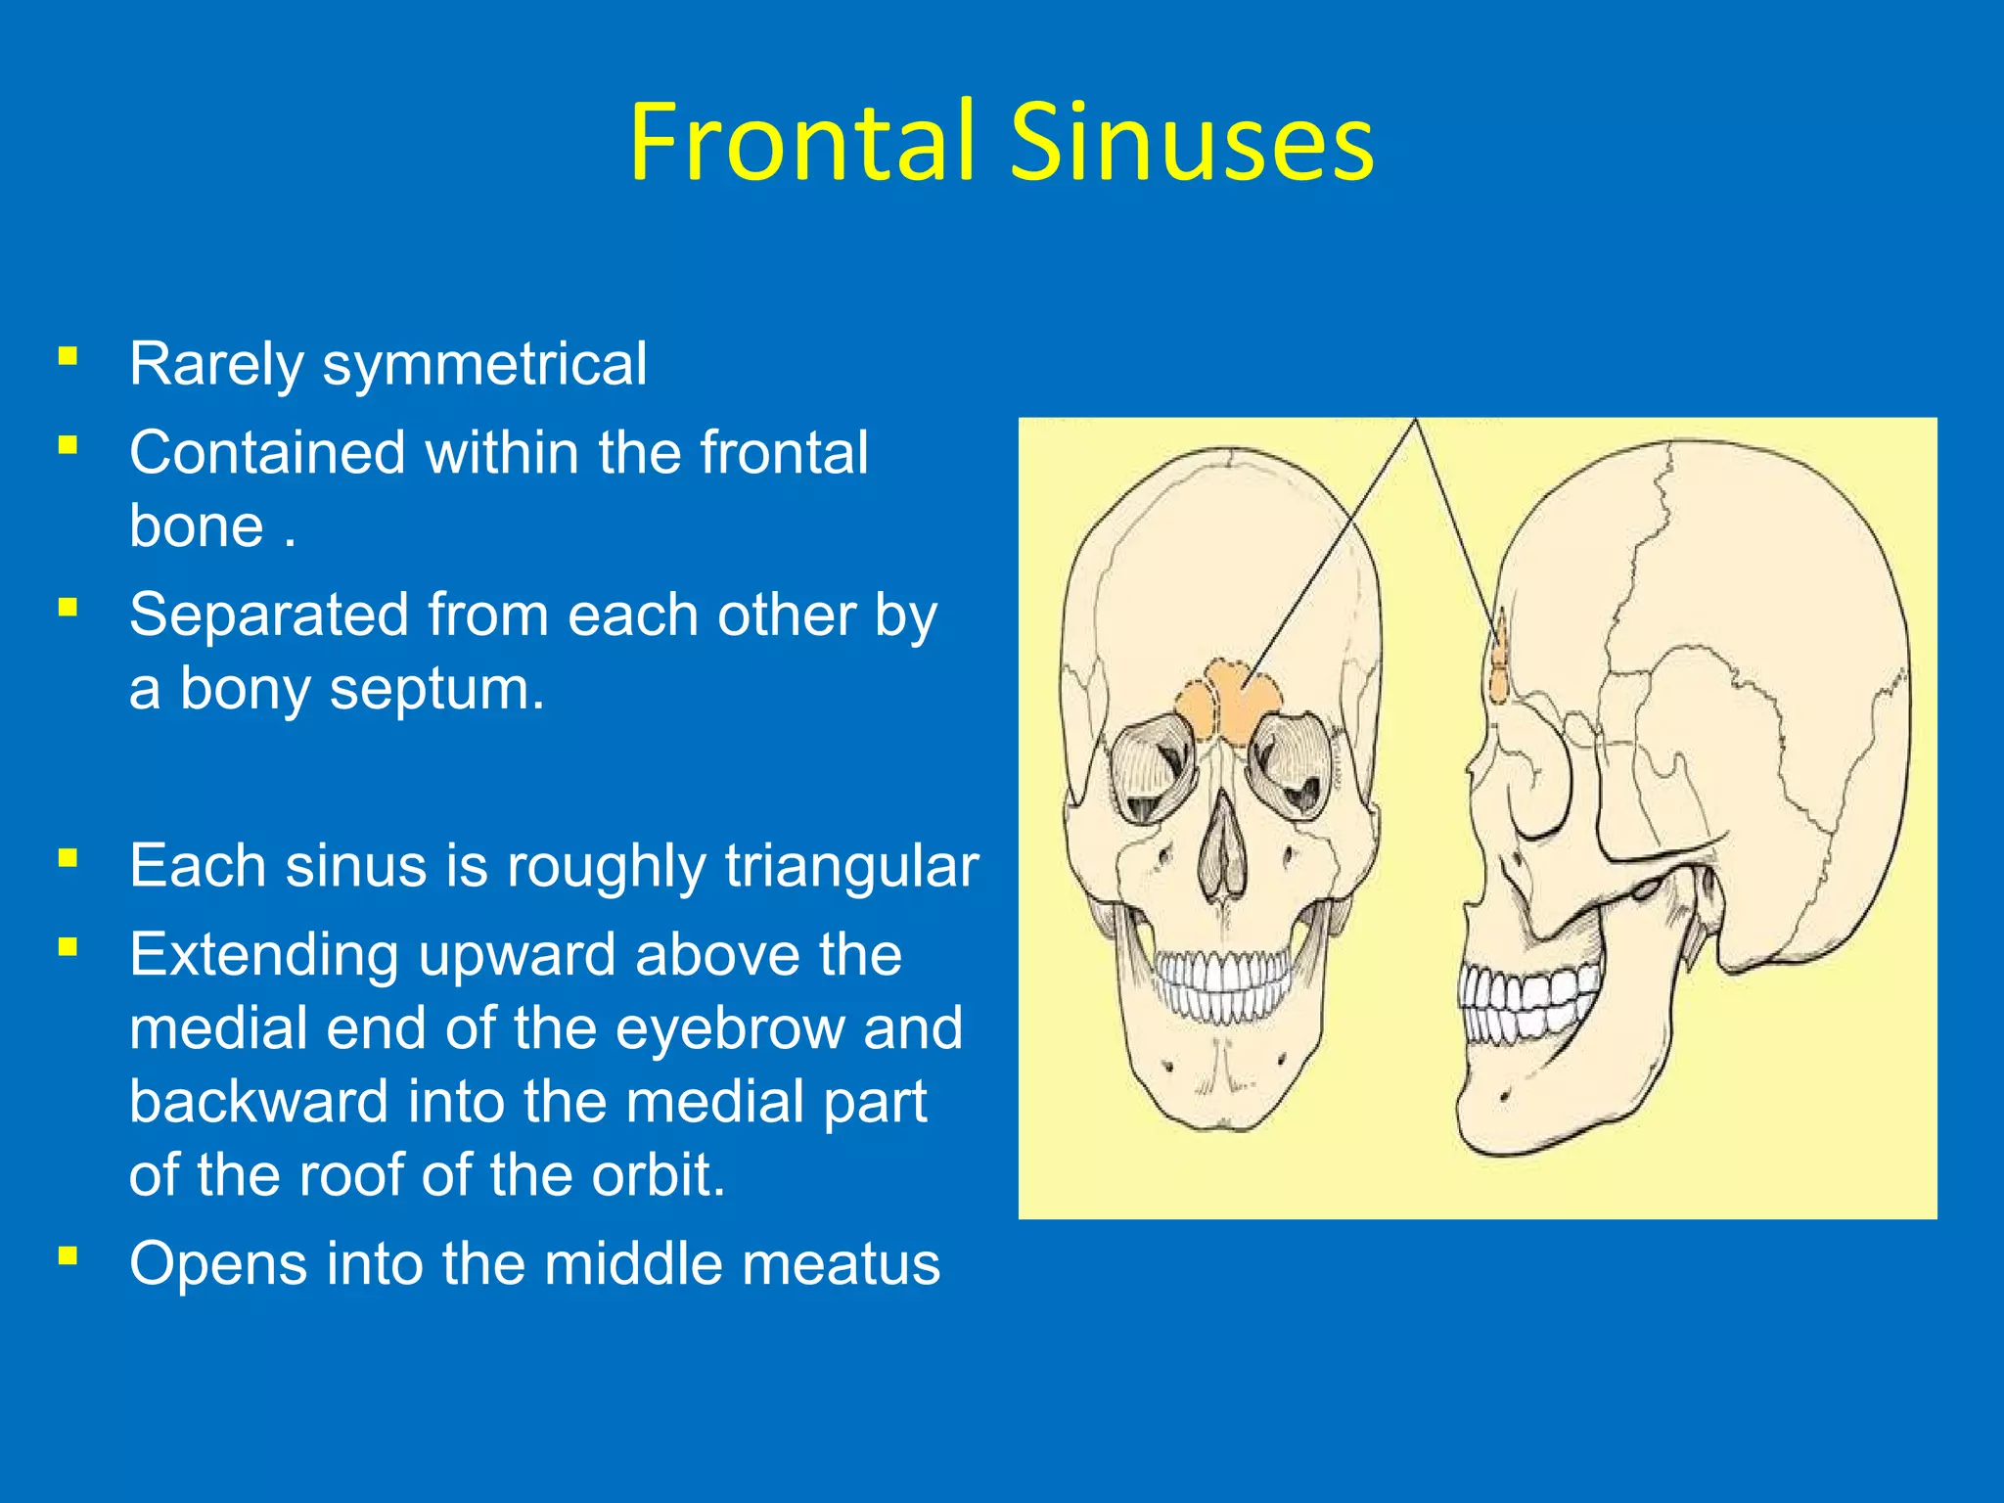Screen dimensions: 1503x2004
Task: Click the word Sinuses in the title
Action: tap(1192, 142)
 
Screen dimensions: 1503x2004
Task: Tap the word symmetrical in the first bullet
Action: tap(484, 364)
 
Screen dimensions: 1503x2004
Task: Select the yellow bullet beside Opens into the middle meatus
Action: tap(68, 1254)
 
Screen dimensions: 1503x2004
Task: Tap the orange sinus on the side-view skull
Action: tap(1497, 665)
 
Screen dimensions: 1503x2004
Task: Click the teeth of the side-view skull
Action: tap(1526, 1003)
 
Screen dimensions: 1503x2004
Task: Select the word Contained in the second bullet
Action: tap(267, 453)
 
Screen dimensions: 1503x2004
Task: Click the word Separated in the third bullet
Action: tap(269, 615)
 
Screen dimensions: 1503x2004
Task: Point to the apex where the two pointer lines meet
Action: tap(1415, 421)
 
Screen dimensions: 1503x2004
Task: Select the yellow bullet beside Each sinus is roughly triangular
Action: tap(68, 858)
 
